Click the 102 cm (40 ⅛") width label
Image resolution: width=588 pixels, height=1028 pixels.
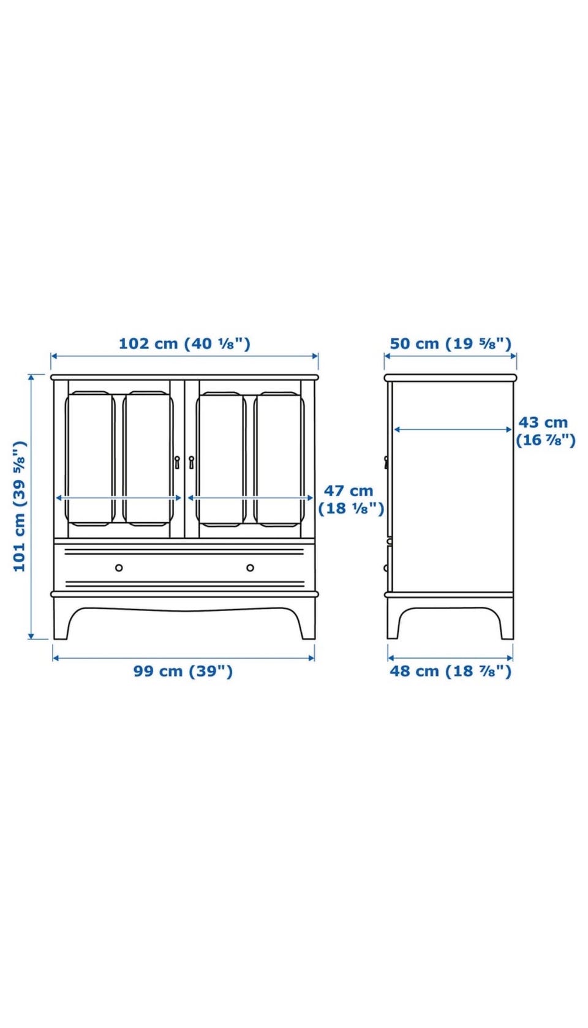pos(184,343)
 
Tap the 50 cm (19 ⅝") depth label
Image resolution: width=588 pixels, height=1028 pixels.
pos(450,343)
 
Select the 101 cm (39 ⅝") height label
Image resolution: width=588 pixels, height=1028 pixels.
pos(19,506)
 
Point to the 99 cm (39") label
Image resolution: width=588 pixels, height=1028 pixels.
pos(183,671)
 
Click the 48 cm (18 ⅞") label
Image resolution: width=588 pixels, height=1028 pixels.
pos(450,671)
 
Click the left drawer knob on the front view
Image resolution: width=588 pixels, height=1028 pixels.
pos(119,568)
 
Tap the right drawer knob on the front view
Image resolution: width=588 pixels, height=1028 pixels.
pos(250,568)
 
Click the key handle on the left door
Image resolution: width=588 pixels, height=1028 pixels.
pos(177,462)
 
